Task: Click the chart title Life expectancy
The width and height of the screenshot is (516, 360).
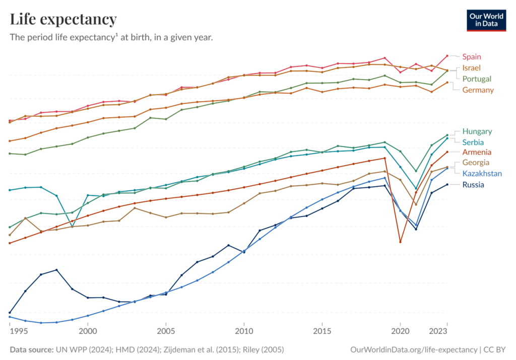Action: (63, 20)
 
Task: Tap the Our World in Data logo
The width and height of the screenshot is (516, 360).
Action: (486, 20)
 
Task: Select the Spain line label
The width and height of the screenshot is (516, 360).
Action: (472, 56)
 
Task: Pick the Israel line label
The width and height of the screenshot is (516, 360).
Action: (472, 67)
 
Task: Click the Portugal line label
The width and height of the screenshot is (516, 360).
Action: (477, 79)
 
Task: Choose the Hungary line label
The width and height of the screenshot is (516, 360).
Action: (477, 131)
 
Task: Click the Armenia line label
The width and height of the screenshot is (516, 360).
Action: (477, 152)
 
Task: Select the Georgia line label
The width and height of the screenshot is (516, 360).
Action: (476, 163)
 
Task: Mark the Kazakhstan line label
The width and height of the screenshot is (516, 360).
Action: (482, 174)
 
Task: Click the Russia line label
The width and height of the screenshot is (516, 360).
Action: (473, 185)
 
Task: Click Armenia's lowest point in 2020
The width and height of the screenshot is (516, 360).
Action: (400, 242)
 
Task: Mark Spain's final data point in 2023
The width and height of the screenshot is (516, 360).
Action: (447, 56)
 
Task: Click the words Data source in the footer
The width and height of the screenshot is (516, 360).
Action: (31, 349)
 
